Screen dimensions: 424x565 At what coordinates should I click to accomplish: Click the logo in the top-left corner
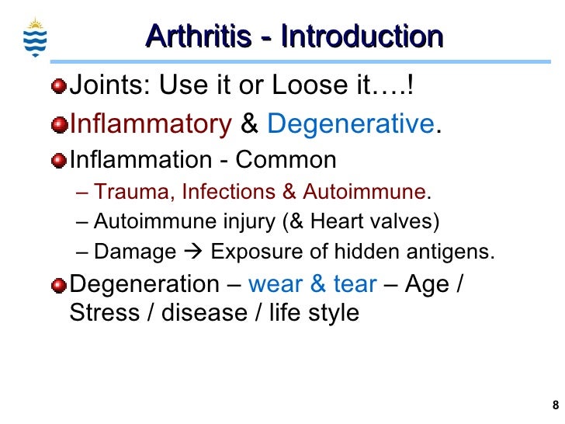(36, 34)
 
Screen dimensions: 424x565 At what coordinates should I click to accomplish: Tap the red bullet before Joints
(59, 86)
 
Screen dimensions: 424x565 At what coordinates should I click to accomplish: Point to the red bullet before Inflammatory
(59, 124)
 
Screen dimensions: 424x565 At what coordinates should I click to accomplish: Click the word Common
(286, 160)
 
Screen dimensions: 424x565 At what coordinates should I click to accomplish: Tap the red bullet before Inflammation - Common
(59, 161)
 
